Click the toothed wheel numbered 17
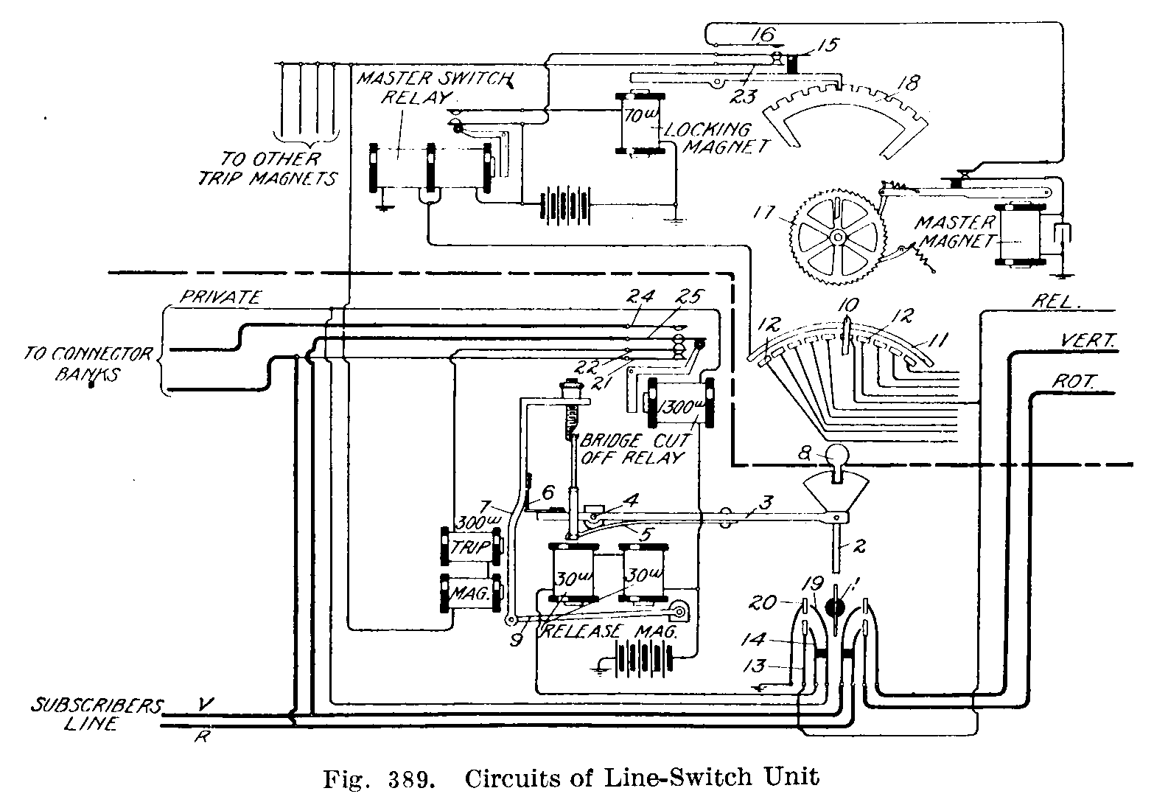pos(837,237)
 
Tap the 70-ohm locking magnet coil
pos(640,123)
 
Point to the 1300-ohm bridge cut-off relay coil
pos(679,403)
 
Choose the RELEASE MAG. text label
pos(608,631)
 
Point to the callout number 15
pos(828,45)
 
